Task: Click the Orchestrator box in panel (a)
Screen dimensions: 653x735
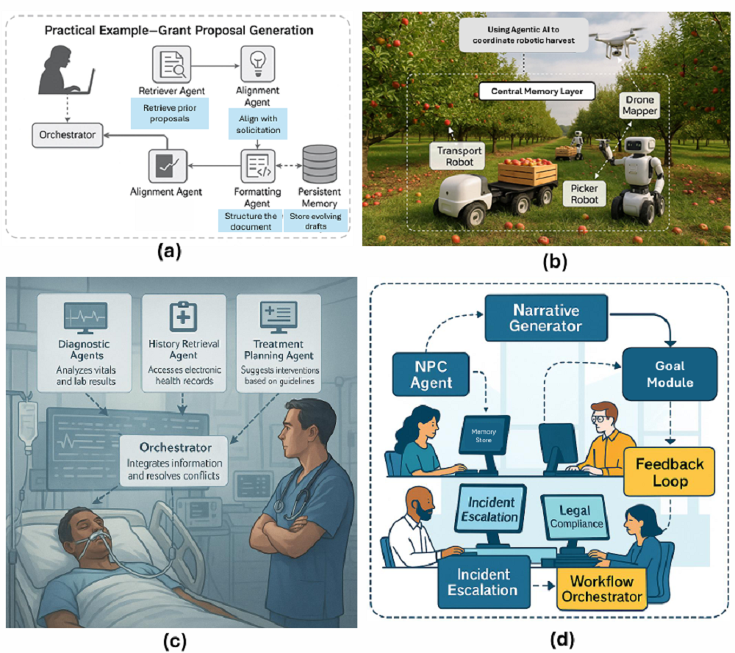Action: click(x=67, y=135)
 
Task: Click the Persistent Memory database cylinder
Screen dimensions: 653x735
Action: click(x=319, y=165)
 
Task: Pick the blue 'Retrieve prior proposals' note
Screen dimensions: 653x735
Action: click(x=170, y=114)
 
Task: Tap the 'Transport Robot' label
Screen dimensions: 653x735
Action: click(x=451, y=154)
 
